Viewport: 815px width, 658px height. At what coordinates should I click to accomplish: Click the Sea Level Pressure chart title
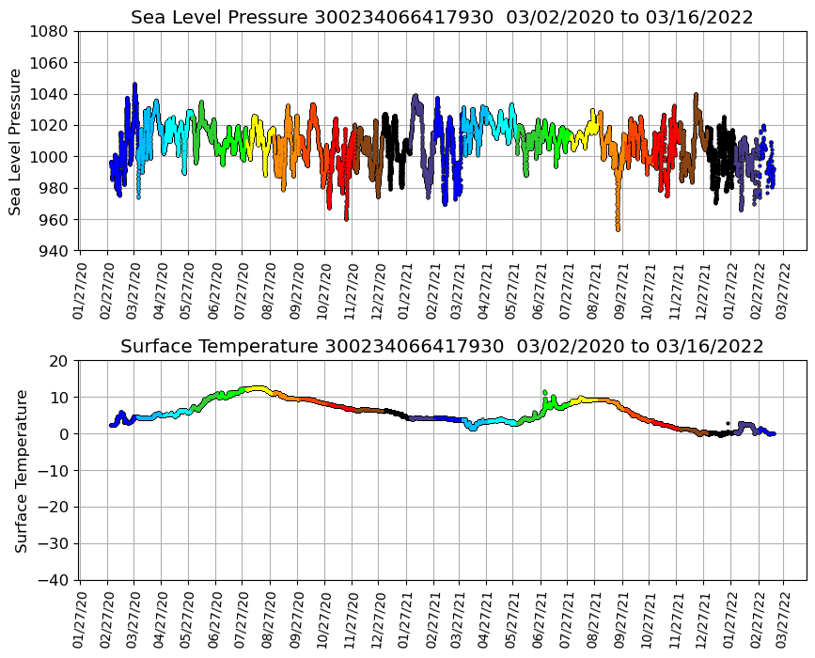point(442,18)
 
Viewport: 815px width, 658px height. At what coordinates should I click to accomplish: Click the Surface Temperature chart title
point(442,347)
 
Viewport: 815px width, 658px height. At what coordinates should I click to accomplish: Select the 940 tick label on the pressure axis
point(53,251)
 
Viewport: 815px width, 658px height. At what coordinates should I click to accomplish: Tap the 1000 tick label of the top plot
point(49,157)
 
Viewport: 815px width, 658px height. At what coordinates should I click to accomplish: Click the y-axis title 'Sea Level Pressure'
point(15,141)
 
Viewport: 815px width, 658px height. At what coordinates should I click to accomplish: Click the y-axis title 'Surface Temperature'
point(21,470)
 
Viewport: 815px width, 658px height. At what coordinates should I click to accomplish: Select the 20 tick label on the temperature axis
point(58,361)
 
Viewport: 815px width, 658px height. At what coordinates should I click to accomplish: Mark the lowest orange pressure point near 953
point(618,229)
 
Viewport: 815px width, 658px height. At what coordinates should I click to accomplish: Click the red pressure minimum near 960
point(346,219)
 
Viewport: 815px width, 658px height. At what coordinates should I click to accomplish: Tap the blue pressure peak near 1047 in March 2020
point(134,84)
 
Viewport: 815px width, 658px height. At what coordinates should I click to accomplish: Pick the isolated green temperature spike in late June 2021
point(544,392)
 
